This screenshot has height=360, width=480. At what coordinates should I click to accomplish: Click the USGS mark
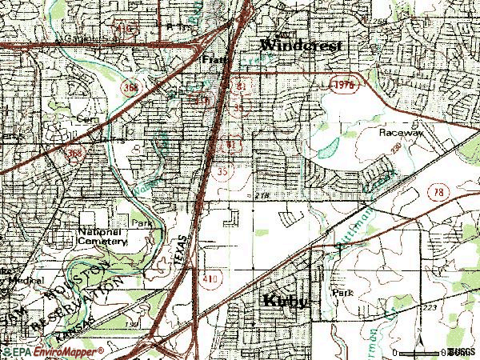pyautogui.click(x=462, y=351)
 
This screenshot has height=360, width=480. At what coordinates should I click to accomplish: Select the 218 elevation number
pyautogui.click(x=263, y=194)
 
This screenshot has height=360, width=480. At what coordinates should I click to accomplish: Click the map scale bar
pyautogui.click(x=421, y=350)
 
